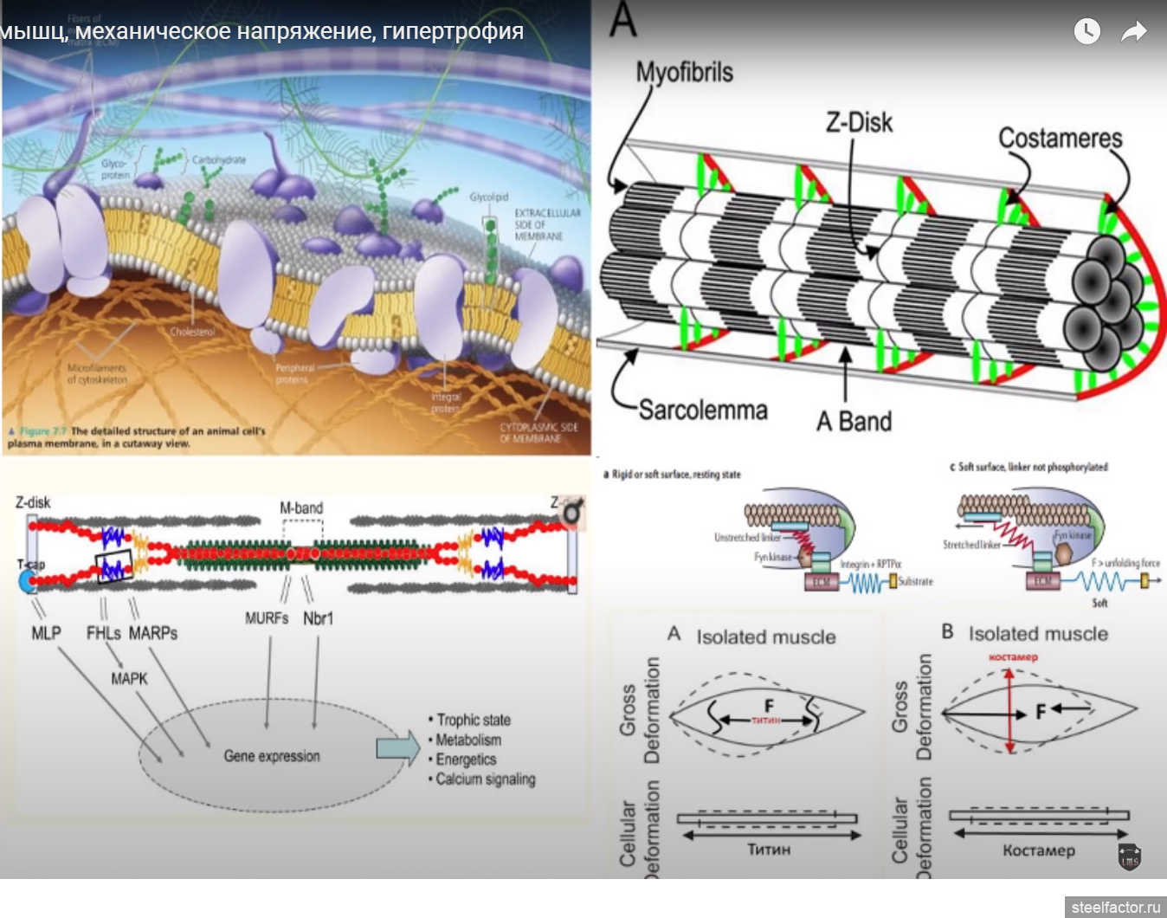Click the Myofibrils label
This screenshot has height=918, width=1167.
click(684, 73)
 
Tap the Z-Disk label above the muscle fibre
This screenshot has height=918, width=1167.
click(859, 122)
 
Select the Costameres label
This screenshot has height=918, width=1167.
click(1060, 138)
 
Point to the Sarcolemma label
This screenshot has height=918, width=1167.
click(703, 410)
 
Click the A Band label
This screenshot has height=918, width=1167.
click(854, 422)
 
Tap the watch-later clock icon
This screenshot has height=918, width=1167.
click(1087, 31)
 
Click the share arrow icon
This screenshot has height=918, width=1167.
click(1133, 32)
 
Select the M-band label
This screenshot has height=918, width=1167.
click(301, 508)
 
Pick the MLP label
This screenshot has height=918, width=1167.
click(46, 633)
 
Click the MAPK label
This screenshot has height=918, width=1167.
click(129, 679)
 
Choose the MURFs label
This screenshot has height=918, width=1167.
click(266, 618)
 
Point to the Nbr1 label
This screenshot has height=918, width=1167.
click(318, 618)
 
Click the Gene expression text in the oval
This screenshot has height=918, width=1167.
click(272, 756)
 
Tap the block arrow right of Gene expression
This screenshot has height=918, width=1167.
click(397, 748)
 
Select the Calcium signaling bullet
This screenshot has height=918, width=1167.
click(485, 779)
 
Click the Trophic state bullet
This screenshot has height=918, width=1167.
click(473, 720)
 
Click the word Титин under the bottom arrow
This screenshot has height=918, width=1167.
click(769, 850)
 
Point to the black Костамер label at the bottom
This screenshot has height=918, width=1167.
click(1038, 850)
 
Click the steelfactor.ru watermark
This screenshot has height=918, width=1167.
click(1115, 907)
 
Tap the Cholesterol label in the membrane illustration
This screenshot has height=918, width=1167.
click(192, 332)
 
